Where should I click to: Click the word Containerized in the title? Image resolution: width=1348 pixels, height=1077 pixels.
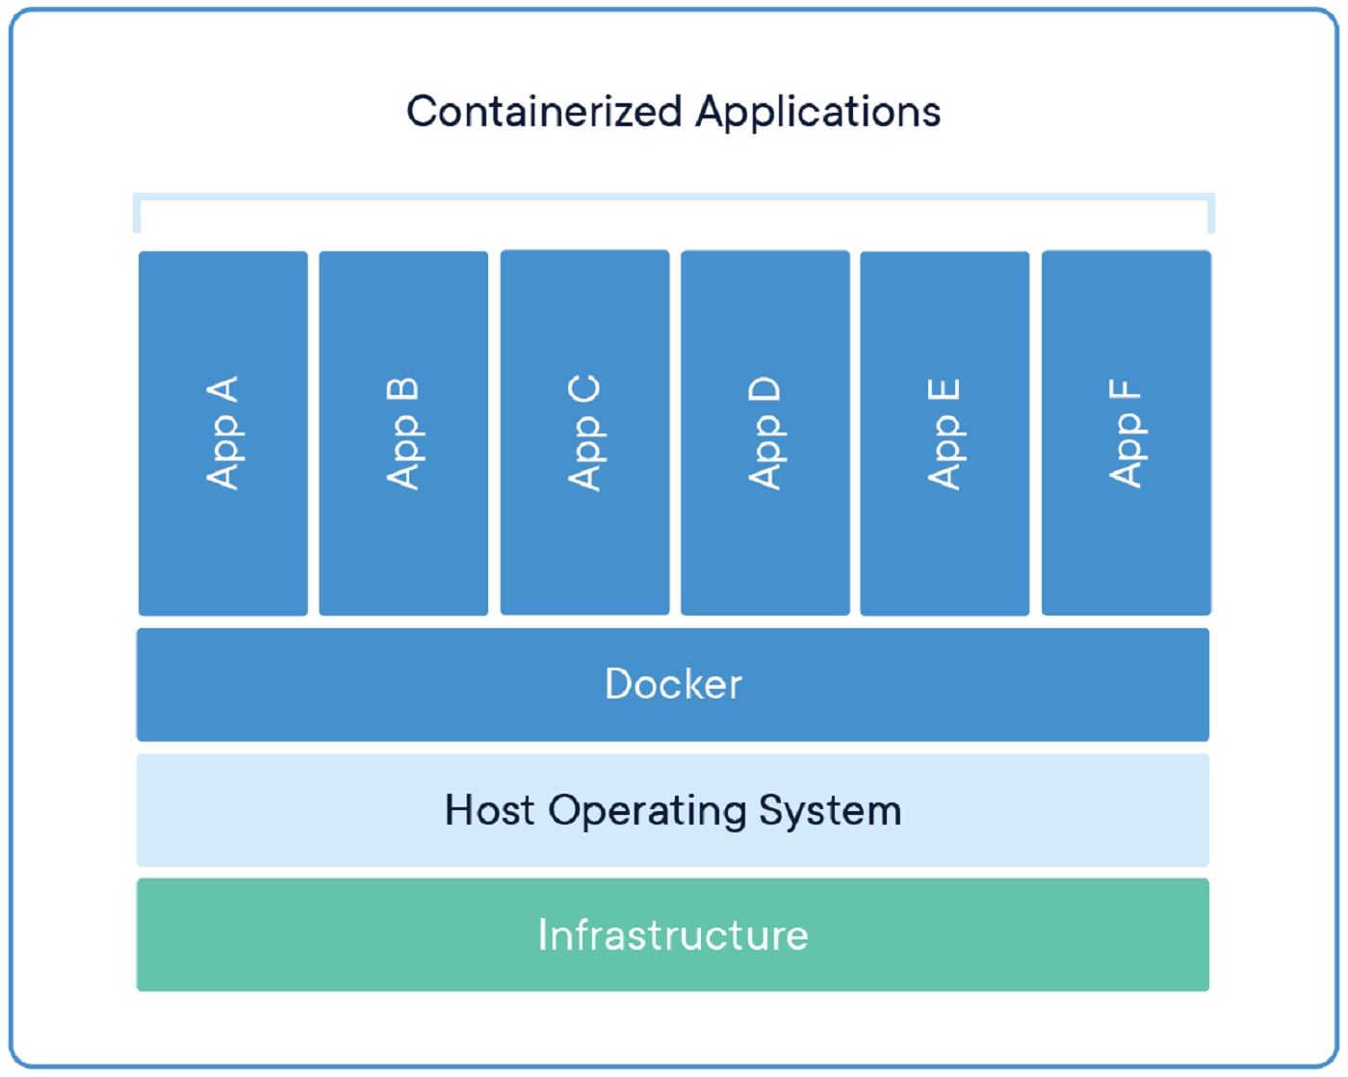coord(544,112)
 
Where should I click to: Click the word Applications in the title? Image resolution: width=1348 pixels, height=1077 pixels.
coord(817,112)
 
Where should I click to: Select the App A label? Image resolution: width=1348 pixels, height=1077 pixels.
coord(222,433)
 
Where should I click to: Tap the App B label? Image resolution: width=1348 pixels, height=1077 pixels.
coord(402,433)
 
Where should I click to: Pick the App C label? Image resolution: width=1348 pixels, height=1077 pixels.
coord(584,433)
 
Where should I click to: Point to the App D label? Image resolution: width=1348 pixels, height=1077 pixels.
coord(765,433)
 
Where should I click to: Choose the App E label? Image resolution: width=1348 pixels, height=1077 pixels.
coord(944,433)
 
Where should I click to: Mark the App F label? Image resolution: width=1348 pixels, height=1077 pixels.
coord(1125,433)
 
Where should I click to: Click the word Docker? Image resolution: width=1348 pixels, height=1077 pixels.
coord(673,684)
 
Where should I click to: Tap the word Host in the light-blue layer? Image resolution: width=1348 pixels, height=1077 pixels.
coord(489,810)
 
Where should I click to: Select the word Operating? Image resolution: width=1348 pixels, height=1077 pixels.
coord(647,811)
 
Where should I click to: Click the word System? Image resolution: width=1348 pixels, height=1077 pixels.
coord(830,810)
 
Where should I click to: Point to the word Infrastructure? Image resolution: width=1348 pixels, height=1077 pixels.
coord(673,934)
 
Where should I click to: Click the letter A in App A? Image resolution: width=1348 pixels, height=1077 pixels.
coord(222,390)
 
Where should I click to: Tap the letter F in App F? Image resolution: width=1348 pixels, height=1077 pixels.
coord(1125,390)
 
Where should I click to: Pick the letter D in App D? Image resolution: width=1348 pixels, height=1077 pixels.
coord(765,389)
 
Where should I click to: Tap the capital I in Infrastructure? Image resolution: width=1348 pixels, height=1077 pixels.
coord(543,934)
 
